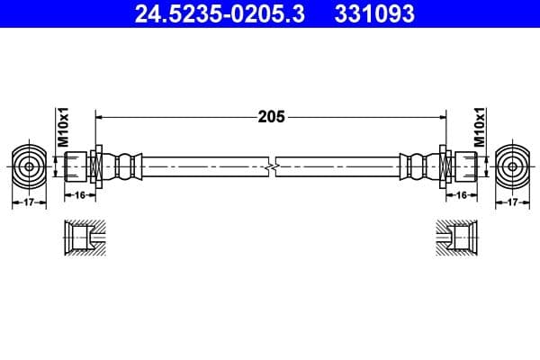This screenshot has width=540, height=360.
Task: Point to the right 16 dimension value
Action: pos(462,194)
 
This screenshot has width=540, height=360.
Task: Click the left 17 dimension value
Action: pos(29,203)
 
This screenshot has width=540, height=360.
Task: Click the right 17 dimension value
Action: pos(512,203)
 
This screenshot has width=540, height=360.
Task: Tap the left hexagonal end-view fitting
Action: pos(29,166)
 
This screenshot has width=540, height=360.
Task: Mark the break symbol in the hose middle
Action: pos(272,166)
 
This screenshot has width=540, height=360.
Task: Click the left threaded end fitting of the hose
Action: pos(78,166)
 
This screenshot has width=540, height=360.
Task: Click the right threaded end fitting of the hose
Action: pos(463,166)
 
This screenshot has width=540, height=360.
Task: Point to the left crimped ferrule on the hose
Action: pos(125,166)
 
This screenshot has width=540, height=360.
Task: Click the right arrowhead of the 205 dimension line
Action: pos(443,116)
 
